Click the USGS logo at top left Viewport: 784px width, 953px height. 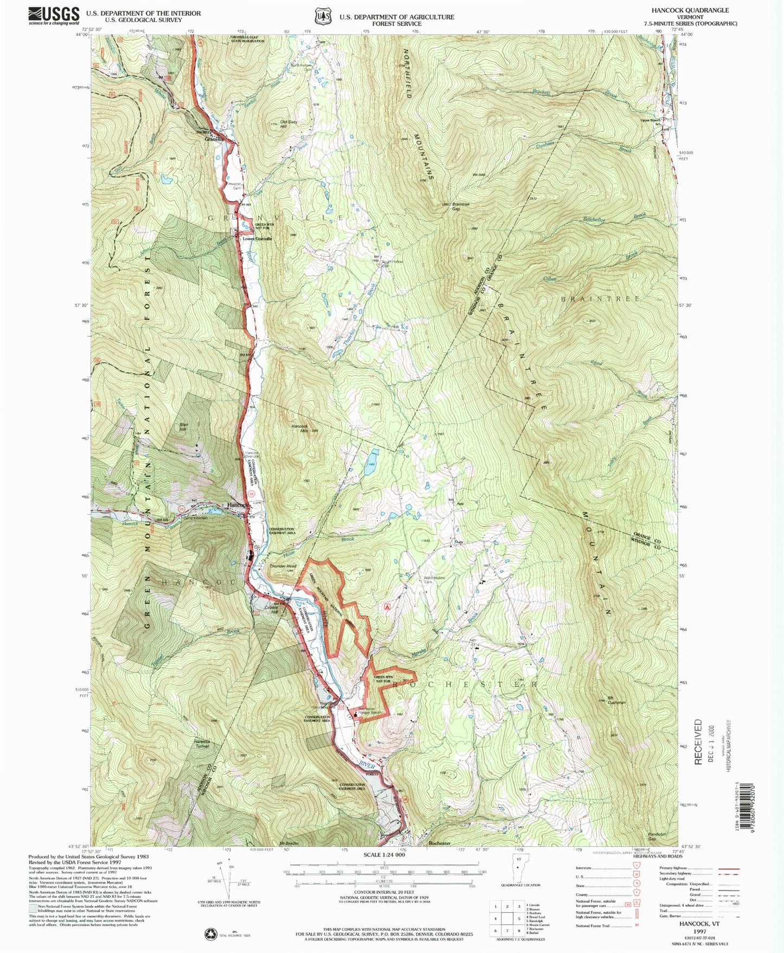54,16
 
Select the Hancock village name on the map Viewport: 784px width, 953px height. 237,505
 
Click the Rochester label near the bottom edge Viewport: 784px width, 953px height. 439,843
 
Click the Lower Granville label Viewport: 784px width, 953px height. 257,239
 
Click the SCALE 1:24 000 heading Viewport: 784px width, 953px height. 384,855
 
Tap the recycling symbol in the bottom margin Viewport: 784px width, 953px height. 210,933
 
